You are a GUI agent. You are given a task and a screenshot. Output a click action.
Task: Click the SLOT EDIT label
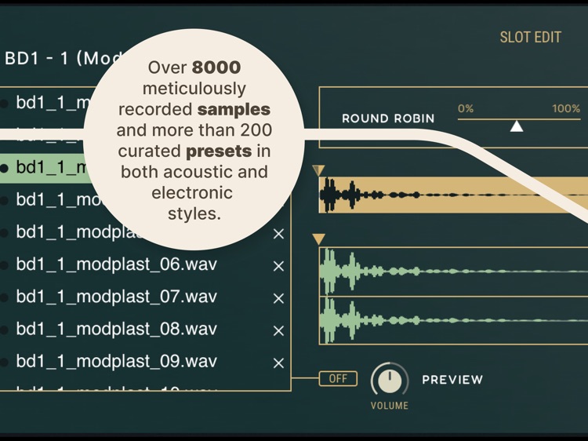coord(530,37)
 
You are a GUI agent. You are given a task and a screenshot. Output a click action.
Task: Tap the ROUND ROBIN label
coord(388,118)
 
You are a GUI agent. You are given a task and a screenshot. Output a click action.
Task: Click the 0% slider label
coord(466,109)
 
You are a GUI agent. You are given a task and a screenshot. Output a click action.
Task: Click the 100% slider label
coord(565,109)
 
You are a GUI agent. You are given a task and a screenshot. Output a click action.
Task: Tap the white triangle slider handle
coord(516,126)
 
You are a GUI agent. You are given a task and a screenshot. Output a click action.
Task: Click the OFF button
coord(338,379)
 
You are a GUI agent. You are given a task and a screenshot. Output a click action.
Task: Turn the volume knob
coord(390,380)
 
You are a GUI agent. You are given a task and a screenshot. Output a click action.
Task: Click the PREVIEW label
coord(452,380)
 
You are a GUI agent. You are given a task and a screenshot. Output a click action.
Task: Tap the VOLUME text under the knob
coord(390,406)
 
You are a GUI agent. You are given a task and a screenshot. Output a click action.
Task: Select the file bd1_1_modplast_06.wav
coord(116,264)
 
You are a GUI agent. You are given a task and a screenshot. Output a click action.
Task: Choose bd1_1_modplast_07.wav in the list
coord(116,297)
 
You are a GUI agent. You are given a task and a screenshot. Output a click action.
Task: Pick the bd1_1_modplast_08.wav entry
coord(116,330)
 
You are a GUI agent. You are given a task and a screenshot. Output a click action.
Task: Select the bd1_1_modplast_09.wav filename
coord(116,362)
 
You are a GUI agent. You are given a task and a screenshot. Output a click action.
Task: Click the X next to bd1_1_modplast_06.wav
coord(278,266)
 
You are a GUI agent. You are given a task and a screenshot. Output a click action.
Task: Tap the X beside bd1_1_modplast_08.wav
coord(278,331)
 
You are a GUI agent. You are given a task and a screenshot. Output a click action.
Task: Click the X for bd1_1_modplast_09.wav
coord(278,363)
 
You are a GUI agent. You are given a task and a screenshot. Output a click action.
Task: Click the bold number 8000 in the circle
coord(216,68)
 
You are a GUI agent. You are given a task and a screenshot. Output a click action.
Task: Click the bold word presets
coord(219,151)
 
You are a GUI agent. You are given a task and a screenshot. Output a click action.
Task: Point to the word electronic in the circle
coord(193,192)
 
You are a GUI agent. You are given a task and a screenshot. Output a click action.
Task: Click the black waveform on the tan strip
coord(345,195)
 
